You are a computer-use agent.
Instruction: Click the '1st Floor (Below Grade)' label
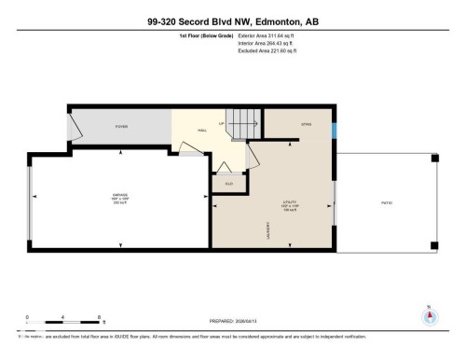(x=206, y=35)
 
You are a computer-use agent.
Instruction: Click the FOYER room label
(x=121, y=126)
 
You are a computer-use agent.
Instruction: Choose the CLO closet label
(x=228, y=183)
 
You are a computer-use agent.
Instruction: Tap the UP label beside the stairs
(x=221, y=124)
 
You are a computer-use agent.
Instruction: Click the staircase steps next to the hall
(x=244, y=122)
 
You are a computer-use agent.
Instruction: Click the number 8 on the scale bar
(x=99, y=317)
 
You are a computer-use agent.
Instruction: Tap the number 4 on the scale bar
(x=62, y=317)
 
